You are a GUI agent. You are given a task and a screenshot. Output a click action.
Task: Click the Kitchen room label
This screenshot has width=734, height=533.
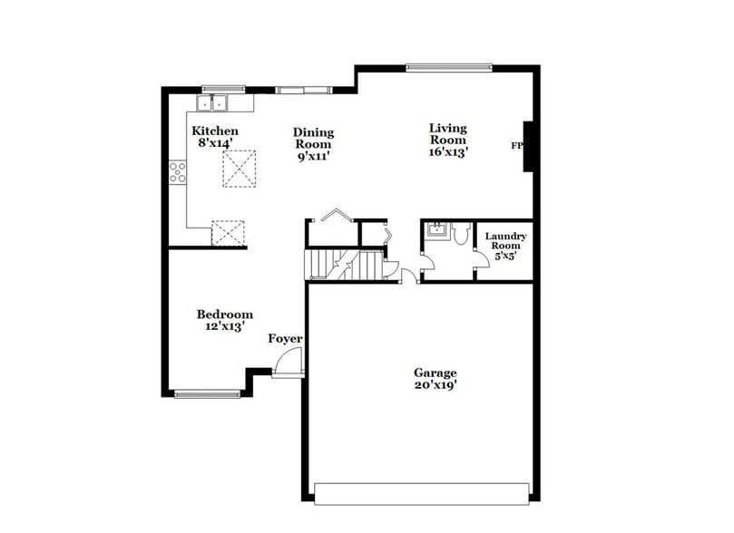click(215, 131)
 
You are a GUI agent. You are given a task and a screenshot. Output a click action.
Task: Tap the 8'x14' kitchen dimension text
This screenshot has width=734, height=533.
click(215, 143)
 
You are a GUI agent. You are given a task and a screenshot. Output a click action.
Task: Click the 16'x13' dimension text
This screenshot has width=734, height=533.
click(448, 152)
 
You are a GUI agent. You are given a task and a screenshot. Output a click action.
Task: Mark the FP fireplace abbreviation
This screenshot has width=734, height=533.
click(517, 145)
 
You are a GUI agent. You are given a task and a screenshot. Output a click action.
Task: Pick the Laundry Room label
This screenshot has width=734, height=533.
click(505, 241)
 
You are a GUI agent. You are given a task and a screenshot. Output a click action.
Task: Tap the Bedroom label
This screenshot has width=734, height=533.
click(224, 315)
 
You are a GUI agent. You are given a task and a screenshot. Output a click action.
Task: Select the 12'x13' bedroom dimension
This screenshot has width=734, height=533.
click(224, 327)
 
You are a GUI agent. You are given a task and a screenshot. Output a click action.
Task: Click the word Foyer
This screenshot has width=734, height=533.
click(285, 339)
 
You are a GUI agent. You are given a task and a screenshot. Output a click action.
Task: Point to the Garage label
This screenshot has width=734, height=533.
click(436, 373)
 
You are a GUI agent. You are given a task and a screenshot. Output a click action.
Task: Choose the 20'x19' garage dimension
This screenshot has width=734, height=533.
click(436, 385)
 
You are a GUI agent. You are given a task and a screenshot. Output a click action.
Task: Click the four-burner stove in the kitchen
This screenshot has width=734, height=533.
click(178, 172)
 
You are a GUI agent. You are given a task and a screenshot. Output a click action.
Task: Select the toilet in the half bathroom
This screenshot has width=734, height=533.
click(460, 235)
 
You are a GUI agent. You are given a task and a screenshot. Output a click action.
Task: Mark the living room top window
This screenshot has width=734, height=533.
click(448, 67)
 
